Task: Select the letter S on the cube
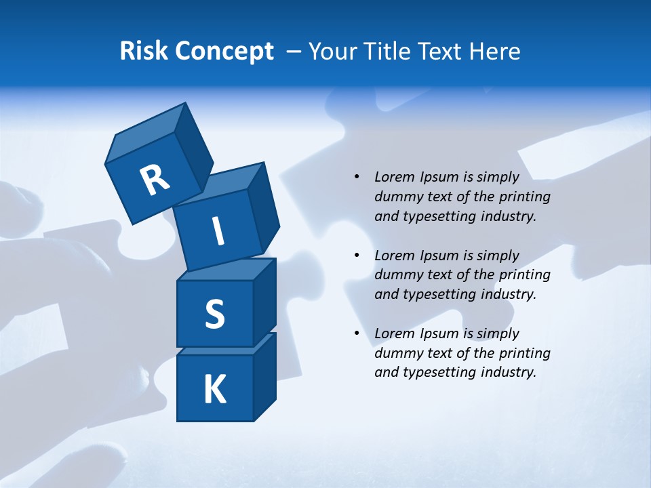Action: [x=214, y=314]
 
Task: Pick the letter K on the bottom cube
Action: [x=215, y=390]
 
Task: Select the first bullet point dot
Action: [x=357, y=177]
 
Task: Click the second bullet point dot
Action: [x=357, y=256]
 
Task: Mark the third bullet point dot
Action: [x=357, y=333]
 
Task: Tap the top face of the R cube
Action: [x=146, y=132]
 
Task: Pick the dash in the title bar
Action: [x=294, y=52]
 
